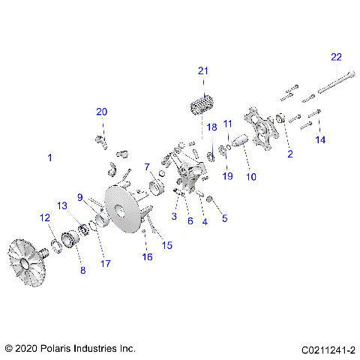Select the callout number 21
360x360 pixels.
tap(202, 70)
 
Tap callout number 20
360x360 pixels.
tap(101, 112)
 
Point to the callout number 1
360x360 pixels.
tap(50, 158)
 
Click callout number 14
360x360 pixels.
tap(320, 140)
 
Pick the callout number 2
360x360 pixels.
tap(289, 154)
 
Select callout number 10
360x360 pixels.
tap(251, 178)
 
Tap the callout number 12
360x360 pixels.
tap(45, 217)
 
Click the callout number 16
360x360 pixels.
tap(147, 257)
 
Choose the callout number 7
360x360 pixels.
tap(148, 166)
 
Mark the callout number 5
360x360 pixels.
tap(223, 219)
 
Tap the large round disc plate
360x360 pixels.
tap(124, 206)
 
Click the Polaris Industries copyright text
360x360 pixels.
tap(70, 349)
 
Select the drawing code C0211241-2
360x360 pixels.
tap(328, 349)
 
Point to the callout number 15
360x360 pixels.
tap(167, 245)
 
